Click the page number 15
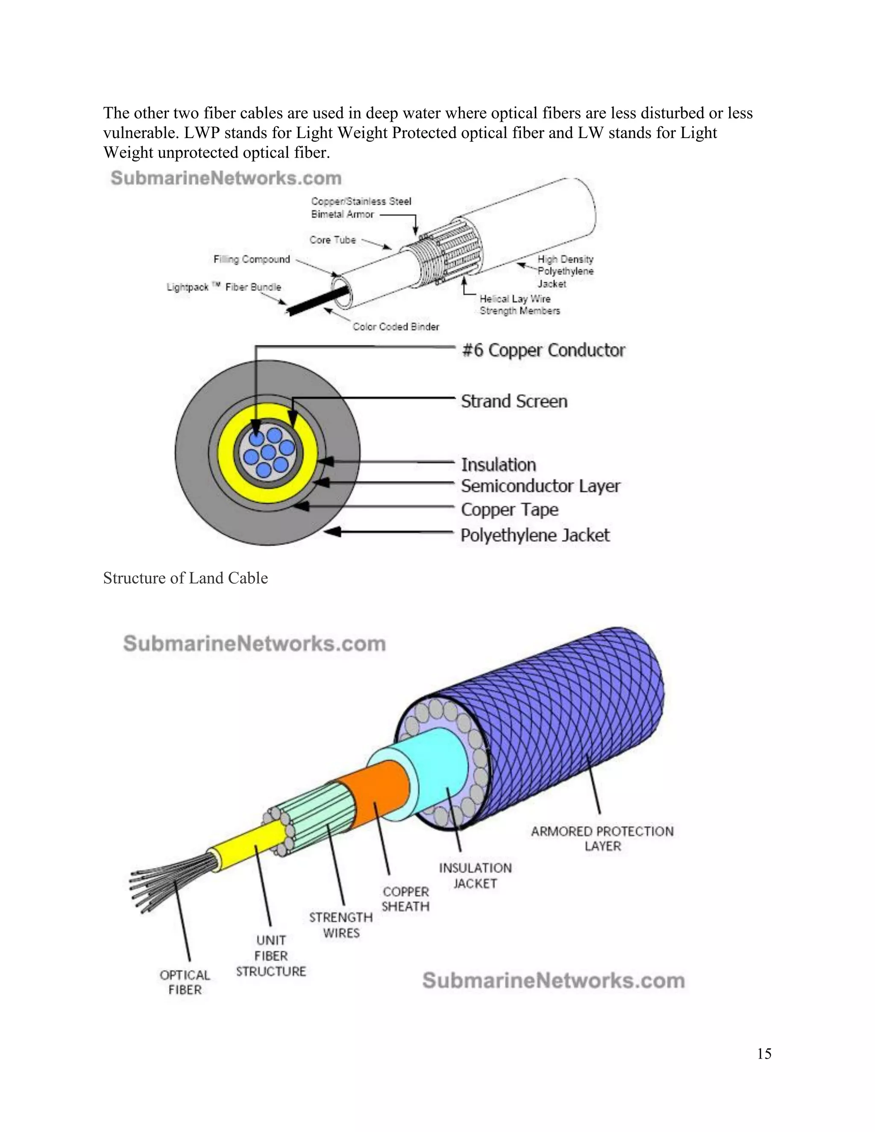(x=763, y=1054)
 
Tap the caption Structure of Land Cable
(x=185, y=578)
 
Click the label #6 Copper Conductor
(x=543, y=350)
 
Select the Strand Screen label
(x=514, y=401)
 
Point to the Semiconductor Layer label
(x=540, y=486)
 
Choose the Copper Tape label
(x=510, y=510)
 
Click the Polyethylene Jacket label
(x=535, y=535)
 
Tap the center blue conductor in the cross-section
(x=267, y=452)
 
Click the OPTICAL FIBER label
(x=185, y=982)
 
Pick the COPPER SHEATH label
(x=405, y=899)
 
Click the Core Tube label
(x=332, y=240)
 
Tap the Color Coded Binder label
(x=396, y=326)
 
